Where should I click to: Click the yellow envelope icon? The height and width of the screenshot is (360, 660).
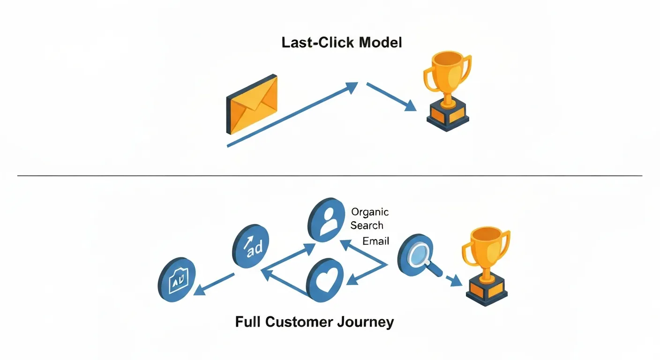pos(252,104)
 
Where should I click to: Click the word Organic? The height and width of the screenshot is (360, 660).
pos(370,212)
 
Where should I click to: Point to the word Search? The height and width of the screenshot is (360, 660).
pos(367,225)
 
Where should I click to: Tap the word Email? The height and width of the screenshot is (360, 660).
pos(376,241)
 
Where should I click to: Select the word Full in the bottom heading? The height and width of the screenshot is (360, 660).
pos(248,322)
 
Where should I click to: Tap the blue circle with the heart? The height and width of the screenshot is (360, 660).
pos(325,280)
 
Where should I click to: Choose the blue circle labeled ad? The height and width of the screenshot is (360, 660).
pos(251,246)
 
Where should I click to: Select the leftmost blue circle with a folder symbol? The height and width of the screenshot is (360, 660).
pos(177,280)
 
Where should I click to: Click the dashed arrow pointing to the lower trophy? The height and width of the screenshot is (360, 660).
pos(452,280)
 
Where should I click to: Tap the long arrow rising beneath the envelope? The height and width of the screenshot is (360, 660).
pos(291,115)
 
